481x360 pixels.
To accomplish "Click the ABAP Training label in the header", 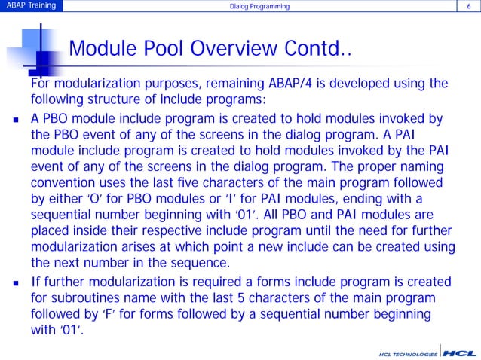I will [x=28, y=8].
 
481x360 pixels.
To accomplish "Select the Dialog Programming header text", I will [x=259, y=8].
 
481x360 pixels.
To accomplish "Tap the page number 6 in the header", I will [x=469, y=8].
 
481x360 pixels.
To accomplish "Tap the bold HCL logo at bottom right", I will [x=459, y=352].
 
